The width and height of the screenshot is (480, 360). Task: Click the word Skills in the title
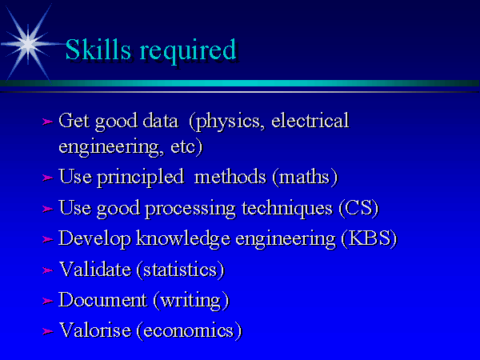click(98, 49)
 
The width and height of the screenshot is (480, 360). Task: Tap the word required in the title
click(188, 51)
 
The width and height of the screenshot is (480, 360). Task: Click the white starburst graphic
click(28, 44)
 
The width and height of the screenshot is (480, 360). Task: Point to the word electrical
click(310, 120)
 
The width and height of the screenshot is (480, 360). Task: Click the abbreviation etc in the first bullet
click(182, 147)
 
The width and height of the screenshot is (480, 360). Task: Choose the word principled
click(141, 178)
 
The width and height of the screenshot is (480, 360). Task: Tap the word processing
click(190, 210)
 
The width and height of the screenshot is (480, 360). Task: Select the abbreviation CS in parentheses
click(358, 208)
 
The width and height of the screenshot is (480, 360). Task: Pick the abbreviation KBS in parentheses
click(369, 238)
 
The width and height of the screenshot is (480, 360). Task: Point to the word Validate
click(95, 270)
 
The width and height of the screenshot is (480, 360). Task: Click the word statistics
click(180, 270)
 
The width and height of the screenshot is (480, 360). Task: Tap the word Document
click(102, 299)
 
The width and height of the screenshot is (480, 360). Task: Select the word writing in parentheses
click(190, 302)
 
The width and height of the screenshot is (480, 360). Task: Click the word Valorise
click(95, 330)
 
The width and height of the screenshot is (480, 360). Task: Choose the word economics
click(189, 331)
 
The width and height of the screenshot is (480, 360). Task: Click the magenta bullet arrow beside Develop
click(47, 239)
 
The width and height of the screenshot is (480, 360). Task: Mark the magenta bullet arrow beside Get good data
click(47, 122)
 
